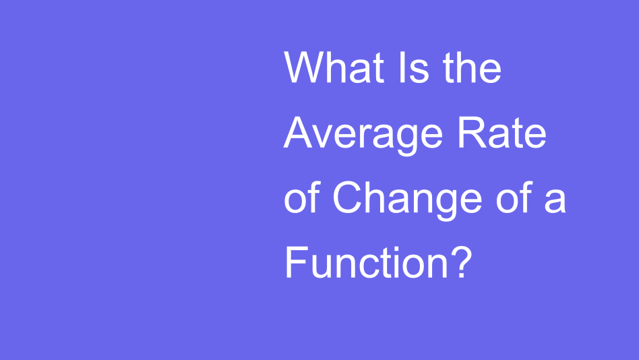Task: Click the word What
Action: [333, 68]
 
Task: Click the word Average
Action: [363, 135]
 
